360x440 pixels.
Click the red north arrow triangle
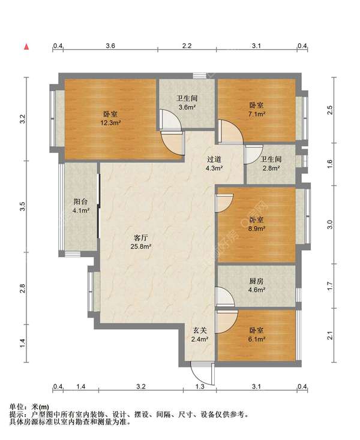[26, 47]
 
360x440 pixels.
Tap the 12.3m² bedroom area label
[110, 123]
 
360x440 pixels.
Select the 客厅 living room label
[140, 238]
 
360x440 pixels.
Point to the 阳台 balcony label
[81, 201]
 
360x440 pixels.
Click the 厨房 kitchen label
[256, 281]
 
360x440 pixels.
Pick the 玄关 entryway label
[200, 330]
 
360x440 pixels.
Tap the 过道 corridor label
[214, 159]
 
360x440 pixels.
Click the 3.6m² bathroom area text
[187, 107]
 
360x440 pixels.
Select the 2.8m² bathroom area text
[271, 168]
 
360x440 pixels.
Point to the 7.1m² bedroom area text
[257, 114]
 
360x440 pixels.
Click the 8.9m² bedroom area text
[257, 228]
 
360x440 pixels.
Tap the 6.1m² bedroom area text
[257, 339]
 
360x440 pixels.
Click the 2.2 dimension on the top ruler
[187, 46]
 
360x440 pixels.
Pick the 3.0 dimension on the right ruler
[330, 224]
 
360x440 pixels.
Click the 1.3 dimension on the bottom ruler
[200, 387]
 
